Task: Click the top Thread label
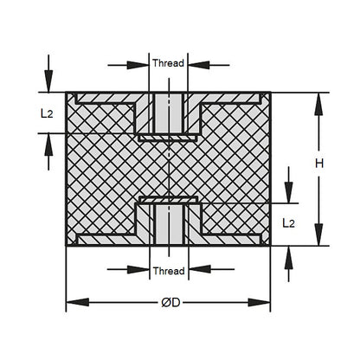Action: tap(168, 64)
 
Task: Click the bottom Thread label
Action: tap(168, 271)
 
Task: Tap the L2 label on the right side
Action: tap(292, 222)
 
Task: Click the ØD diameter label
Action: tap(170, 303)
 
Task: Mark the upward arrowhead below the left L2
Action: tap(48, 141)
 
